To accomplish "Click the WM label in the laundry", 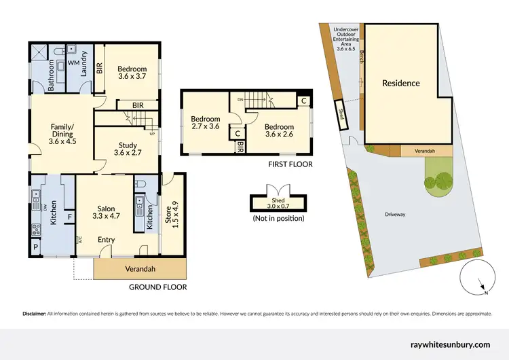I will pyautogui.click(x=73, y=60).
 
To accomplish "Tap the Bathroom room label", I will pyautogui.click(x=50, y=76).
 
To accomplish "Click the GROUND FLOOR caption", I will pyautogui.click(x=157, y=287).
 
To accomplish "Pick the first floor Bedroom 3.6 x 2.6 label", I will pyautogui.click(x=279, y=131).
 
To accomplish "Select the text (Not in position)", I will pyautogui.click(x=278, y=218).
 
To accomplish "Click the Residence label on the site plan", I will pyautogui.click(x=400, y=84).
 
